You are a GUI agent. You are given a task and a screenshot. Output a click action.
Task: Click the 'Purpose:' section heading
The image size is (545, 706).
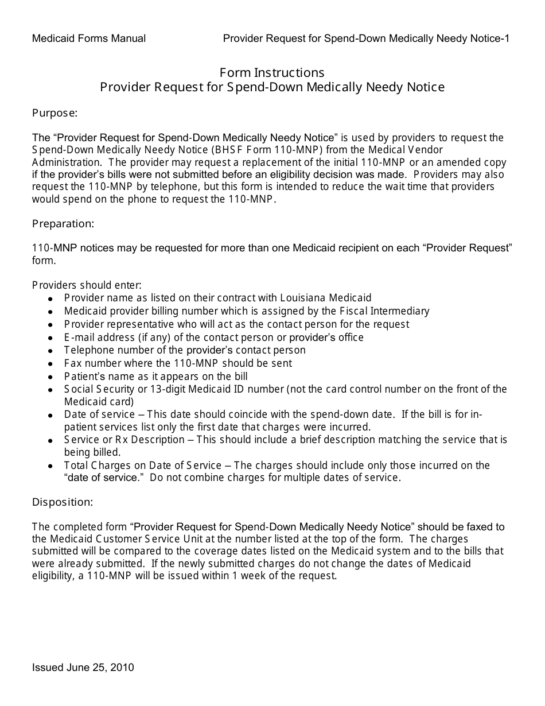[54, 113]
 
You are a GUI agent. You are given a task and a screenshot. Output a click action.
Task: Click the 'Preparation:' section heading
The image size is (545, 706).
[63, 223]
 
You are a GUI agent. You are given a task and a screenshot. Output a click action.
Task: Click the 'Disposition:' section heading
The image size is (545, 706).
[62, 502]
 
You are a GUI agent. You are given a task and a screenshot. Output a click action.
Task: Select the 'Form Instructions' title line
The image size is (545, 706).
[272, 73]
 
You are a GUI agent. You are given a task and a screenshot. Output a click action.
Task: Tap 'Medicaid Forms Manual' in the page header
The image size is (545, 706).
[89, 38]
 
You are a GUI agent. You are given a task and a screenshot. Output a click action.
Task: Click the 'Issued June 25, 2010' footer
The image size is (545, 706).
[83, 668]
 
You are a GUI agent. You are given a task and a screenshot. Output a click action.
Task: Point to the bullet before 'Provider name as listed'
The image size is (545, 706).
[50, 299]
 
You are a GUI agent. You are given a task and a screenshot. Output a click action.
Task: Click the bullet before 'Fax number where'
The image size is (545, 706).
[50, 364]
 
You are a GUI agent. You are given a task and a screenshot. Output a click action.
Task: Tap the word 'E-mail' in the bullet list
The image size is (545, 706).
[78, 338]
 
